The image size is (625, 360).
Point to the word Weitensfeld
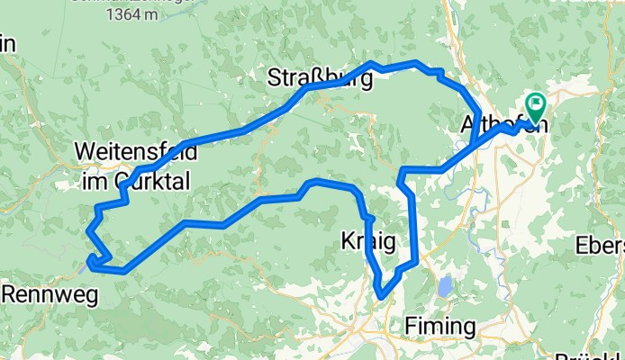(136, 149)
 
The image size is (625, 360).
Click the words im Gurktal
(136, 181)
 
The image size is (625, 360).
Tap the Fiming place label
(440, 325)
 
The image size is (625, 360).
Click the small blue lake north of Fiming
(446, 288)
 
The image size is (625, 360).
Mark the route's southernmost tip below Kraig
(382, 295)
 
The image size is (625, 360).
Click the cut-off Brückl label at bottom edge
(590, 354)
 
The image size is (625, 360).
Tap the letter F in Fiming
(412, 325)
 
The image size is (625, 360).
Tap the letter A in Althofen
(468, 123)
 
